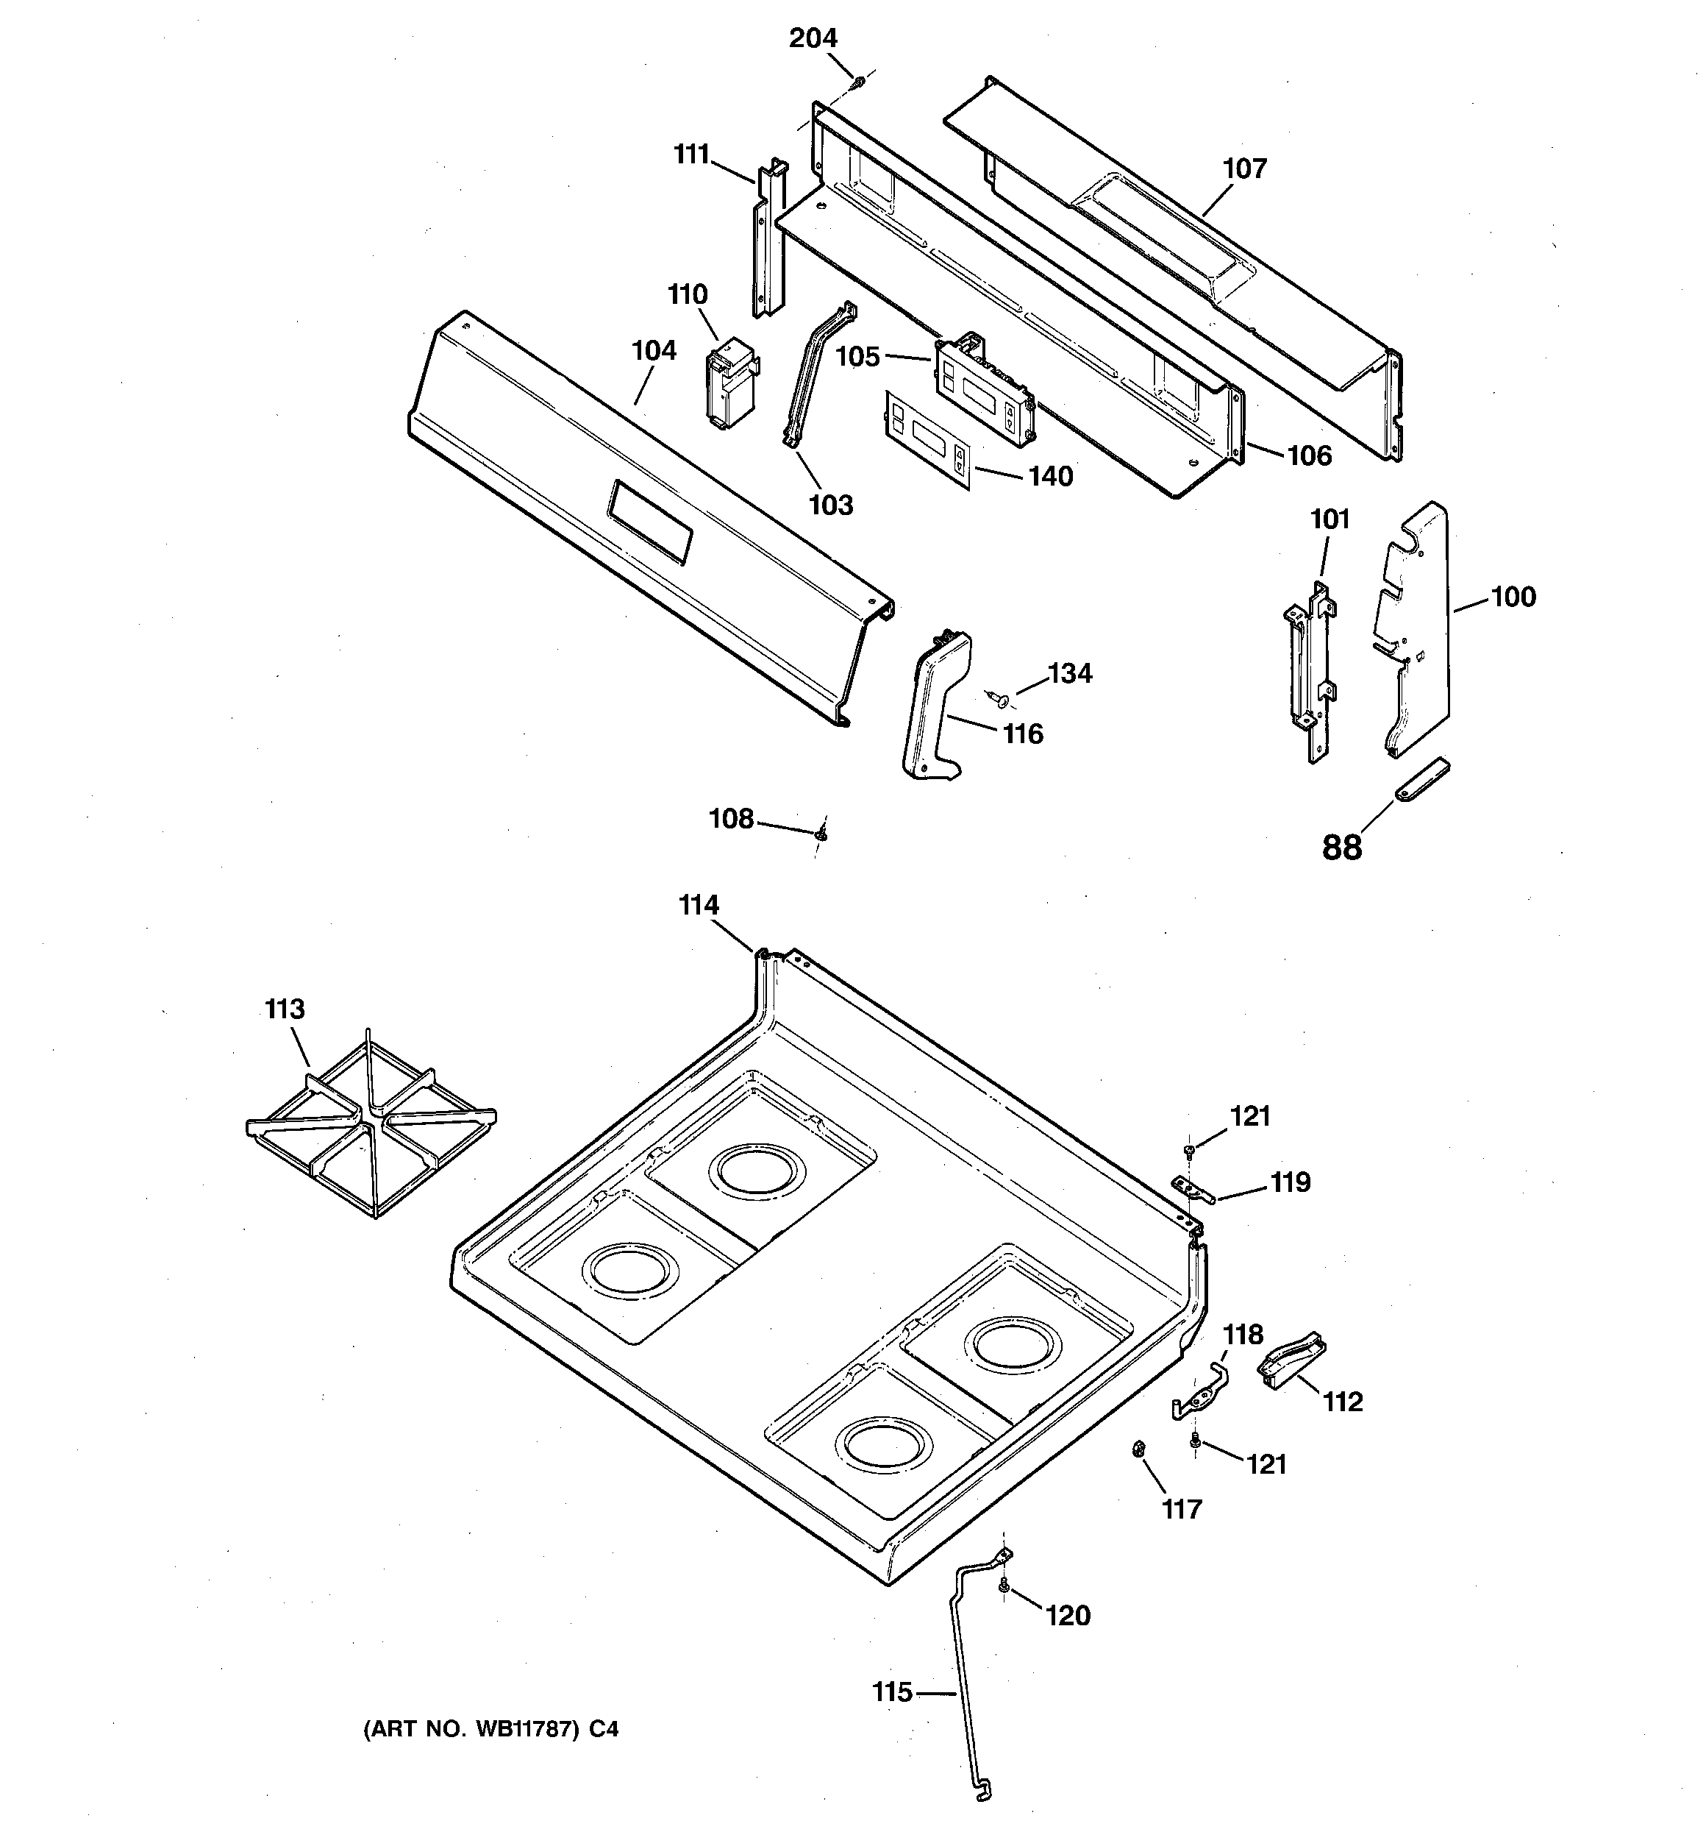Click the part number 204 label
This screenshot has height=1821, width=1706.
(x=813, y=38)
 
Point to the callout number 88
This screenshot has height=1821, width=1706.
(x=1341, y=848)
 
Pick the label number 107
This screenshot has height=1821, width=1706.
(x=1244, y=168)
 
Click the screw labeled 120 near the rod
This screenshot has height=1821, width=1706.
(x=1004, y=1586)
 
